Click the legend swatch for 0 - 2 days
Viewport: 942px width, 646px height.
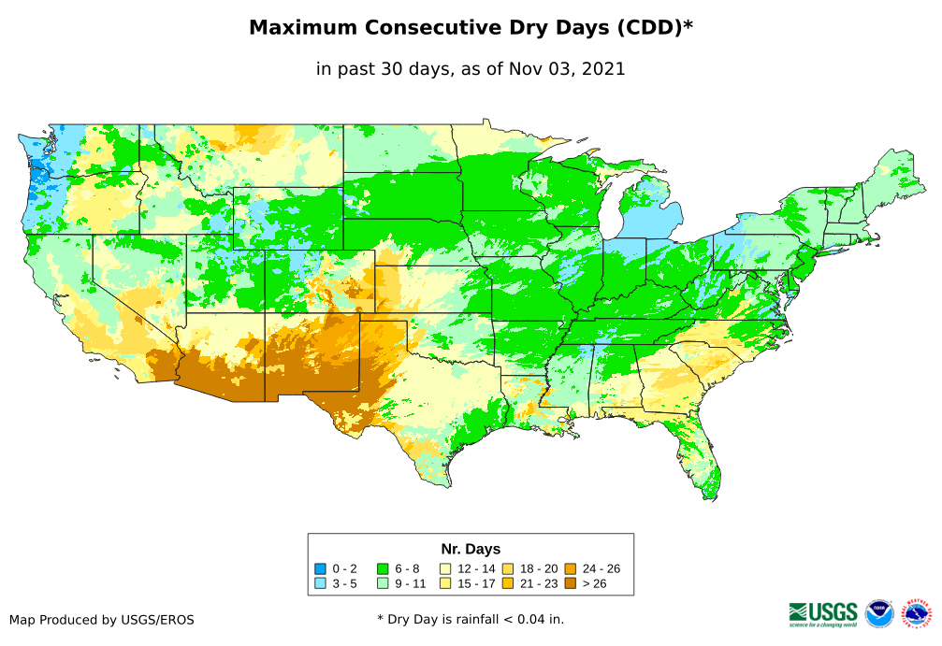coord(320,568)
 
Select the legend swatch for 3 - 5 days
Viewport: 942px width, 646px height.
coord(320,583)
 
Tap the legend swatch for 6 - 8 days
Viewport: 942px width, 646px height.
coord(382,568)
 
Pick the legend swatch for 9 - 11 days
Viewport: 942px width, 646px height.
coord(382,583)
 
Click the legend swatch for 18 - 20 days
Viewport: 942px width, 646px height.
coord(507,568)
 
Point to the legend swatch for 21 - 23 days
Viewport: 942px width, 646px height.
coord(507,583)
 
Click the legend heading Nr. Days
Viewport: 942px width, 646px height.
coord(471,549)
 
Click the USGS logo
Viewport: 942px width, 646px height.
coord(823,612)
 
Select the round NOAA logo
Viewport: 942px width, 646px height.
coord(879,613)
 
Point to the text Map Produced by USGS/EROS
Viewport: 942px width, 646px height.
coord(102,620)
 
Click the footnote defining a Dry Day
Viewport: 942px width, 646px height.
coord(471,619)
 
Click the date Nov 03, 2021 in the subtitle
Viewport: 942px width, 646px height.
coord(568,68)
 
